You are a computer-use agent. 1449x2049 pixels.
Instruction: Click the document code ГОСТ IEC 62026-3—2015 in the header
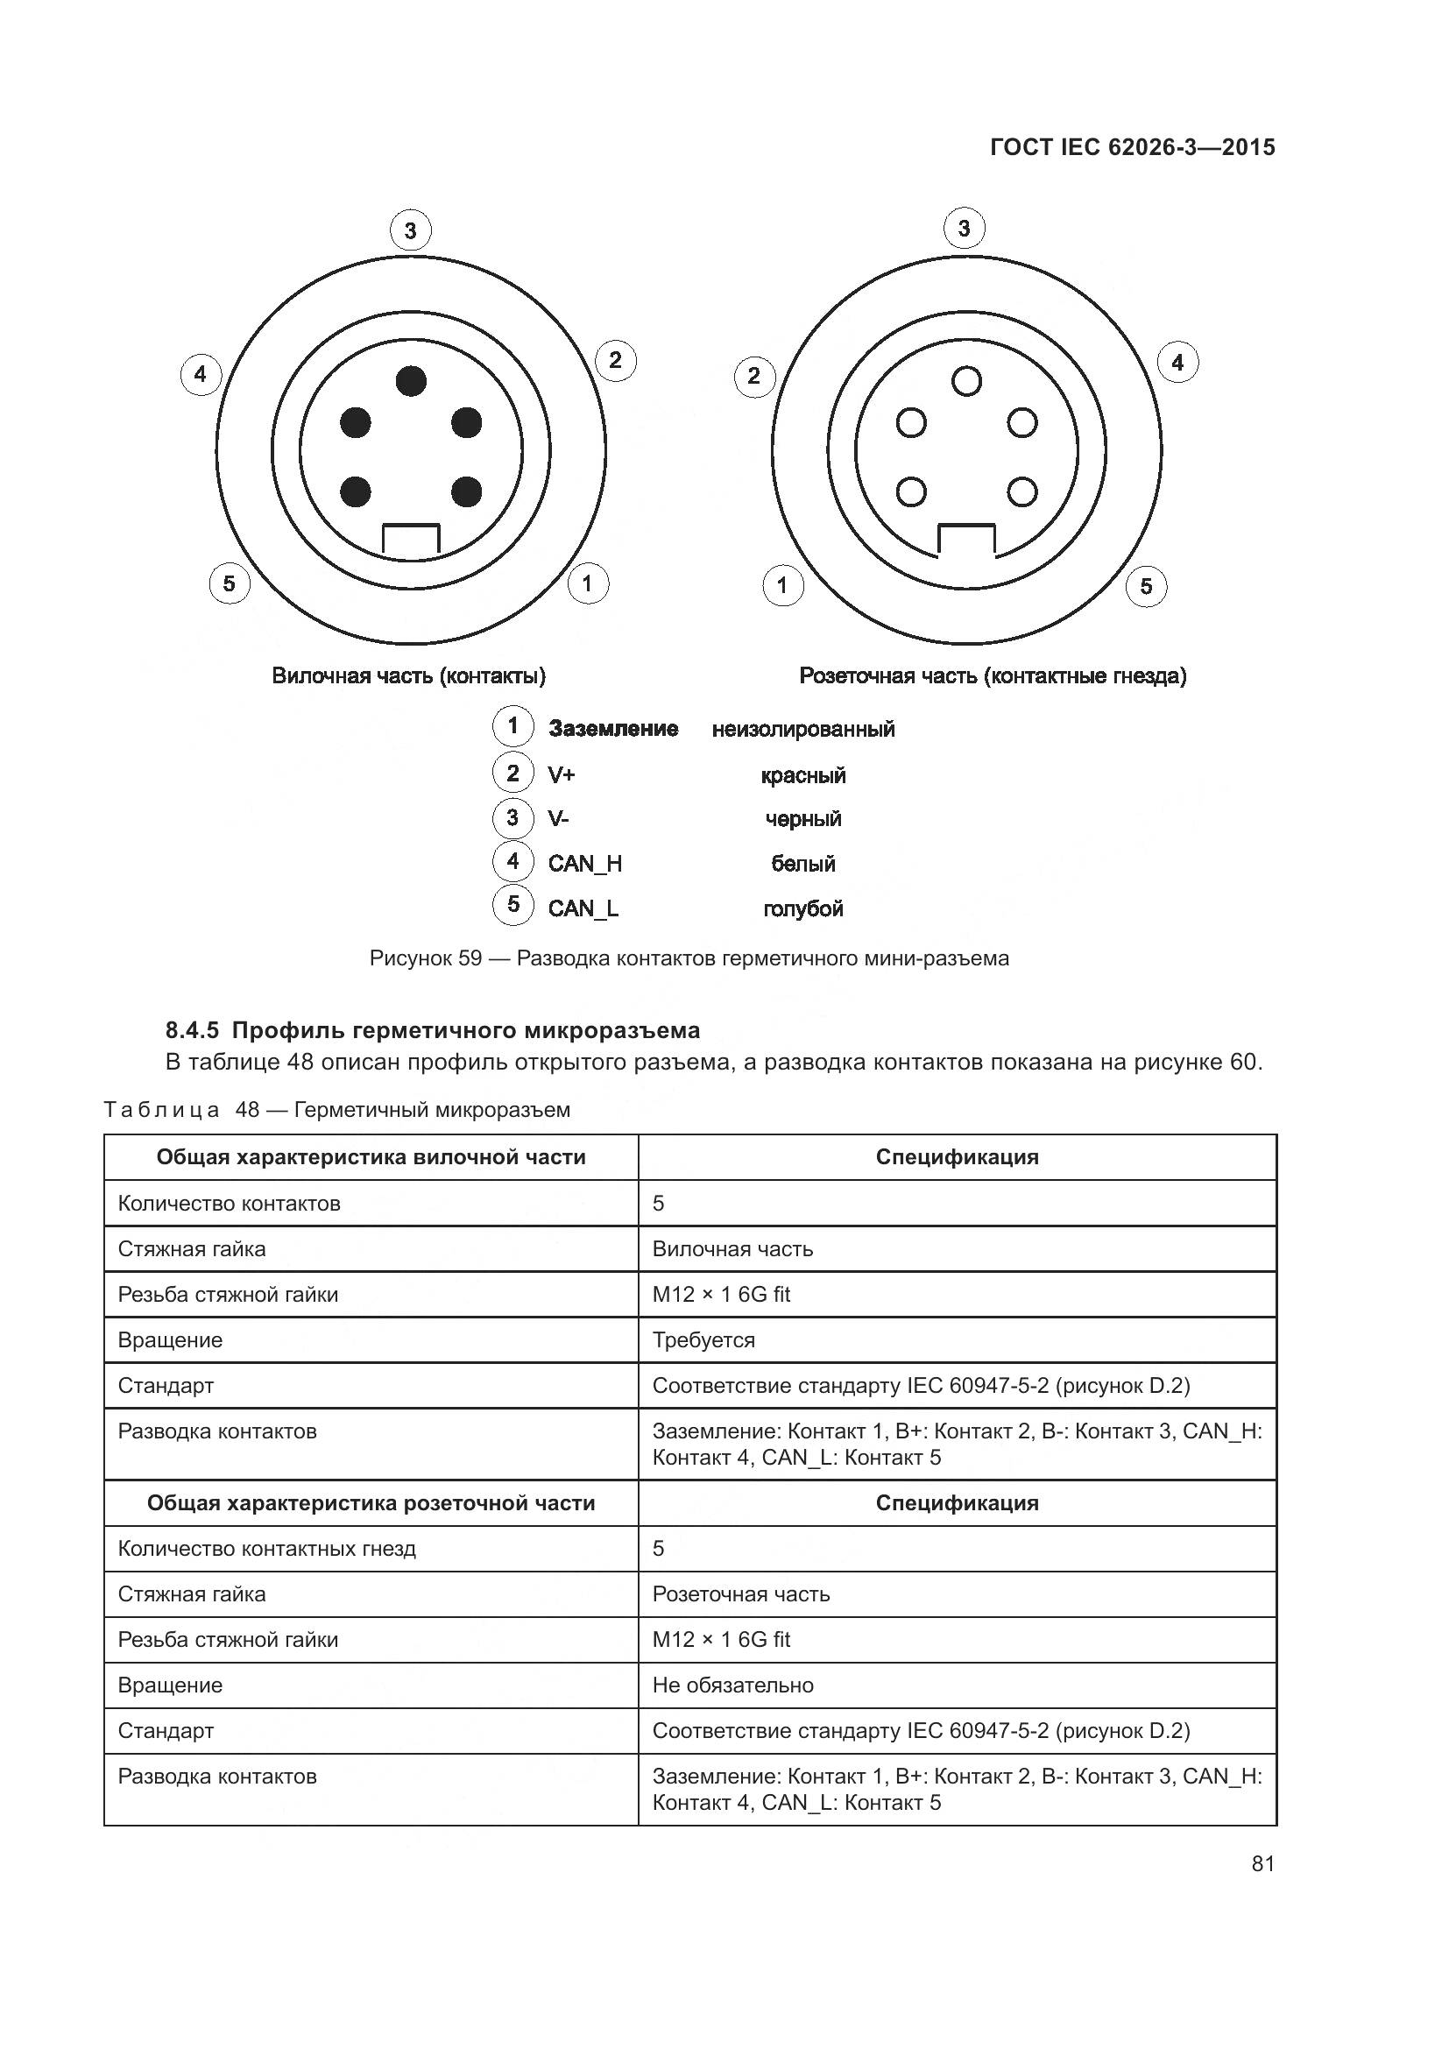1132,147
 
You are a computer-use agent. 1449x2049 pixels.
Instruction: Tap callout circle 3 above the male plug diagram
410,231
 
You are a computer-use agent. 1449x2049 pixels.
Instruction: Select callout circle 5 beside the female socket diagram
1147,586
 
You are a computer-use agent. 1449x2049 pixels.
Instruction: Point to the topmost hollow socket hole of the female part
966,381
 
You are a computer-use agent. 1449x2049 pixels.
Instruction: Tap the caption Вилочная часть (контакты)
408,675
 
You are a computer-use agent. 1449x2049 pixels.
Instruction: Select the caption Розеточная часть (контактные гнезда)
993,675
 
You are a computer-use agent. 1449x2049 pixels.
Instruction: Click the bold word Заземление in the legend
613,729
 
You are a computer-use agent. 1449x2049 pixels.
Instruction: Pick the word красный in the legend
803,775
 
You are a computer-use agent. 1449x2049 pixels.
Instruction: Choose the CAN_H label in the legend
584,864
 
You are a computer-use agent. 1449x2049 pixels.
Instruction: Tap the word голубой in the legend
803,908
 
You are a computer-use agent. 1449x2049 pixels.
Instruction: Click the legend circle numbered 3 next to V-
513,817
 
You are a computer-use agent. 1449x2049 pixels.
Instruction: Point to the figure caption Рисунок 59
689,958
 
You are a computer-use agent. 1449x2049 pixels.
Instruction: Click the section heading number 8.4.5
192,1031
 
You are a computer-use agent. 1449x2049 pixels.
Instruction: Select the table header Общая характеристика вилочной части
371,1157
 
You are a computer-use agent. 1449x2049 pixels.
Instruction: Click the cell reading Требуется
703,1340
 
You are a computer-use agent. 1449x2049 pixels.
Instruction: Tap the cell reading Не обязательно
732,1685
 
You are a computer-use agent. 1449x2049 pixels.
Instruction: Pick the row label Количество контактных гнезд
267,1550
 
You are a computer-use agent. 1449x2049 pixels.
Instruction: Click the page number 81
1262,1864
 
